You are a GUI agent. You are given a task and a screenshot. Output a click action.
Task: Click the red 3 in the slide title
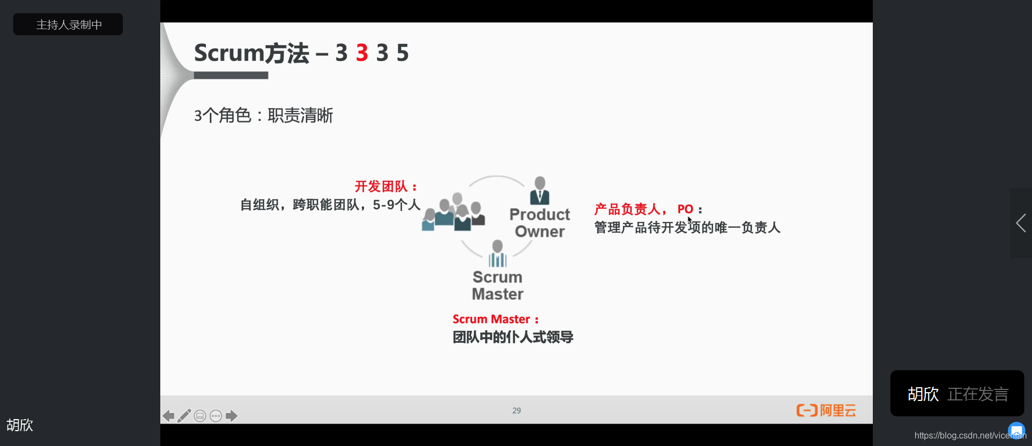coord(362,53)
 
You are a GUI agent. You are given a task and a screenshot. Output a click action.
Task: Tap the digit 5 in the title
coord(402,53)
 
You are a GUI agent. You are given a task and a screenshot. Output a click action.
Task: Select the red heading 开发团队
coord(382,186)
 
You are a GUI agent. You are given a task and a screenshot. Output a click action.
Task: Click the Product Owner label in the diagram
coord(540,222)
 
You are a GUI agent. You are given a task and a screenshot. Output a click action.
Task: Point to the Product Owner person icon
coord(540,190)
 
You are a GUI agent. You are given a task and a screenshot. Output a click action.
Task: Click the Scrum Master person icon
coord(497,253)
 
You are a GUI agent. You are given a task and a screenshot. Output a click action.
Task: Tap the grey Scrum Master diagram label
coord(497,286)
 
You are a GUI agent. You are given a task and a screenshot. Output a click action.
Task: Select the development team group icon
coord(453,213)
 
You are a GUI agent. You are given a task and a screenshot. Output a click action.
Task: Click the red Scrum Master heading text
coord(491,319)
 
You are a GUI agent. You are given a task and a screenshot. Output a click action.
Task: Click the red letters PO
coord(685,209)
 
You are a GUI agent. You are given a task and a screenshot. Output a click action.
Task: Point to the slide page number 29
coord(517,410)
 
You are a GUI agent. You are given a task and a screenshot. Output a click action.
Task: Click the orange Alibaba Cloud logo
coord(826,410)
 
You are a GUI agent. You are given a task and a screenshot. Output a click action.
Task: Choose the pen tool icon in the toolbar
coord(184,416)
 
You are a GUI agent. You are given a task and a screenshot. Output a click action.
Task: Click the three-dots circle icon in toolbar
coord(216,416)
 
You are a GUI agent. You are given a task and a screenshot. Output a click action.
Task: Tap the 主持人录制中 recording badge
coord(68,25)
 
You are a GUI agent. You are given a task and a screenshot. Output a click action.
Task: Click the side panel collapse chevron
coord(1020,223)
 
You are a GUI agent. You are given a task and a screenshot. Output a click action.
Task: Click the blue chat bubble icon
coord(1016,430)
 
